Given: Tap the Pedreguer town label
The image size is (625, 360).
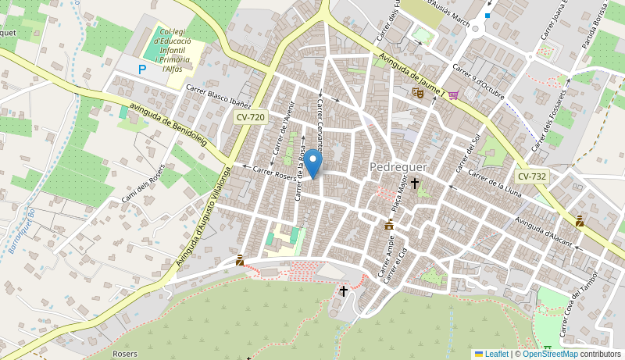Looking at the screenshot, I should pos(398,167).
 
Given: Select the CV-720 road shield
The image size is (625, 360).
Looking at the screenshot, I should pos(250,117).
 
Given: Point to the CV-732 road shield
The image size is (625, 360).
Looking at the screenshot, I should pos(531,176).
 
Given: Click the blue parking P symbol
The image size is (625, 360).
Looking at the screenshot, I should pos(142,70).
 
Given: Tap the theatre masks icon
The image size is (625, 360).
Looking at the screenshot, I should pos(418,92).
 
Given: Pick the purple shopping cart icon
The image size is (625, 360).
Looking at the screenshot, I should pos(453,95).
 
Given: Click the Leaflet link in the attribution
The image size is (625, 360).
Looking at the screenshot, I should pos(496,354).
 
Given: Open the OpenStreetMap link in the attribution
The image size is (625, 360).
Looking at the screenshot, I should pos(549,354).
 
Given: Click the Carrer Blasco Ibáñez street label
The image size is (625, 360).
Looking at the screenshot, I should pos(218,98).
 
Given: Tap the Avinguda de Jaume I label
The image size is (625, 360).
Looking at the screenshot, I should pos(411,75).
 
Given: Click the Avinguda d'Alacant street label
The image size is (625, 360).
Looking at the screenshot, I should pos(544,231).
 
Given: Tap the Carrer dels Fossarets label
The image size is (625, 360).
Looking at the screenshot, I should pos(552,117).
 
